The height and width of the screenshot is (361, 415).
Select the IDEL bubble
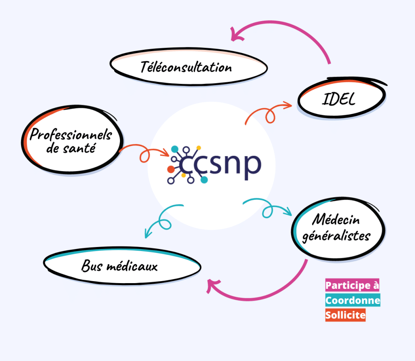342,99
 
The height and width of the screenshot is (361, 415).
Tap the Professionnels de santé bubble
71,140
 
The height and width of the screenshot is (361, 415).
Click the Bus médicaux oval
122,266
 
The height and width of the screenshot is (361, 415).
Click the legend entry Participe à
352,286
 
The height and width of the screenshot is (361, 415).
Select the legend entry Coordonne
353,300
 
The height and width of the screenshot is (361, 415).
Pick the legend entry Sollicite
345,315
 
